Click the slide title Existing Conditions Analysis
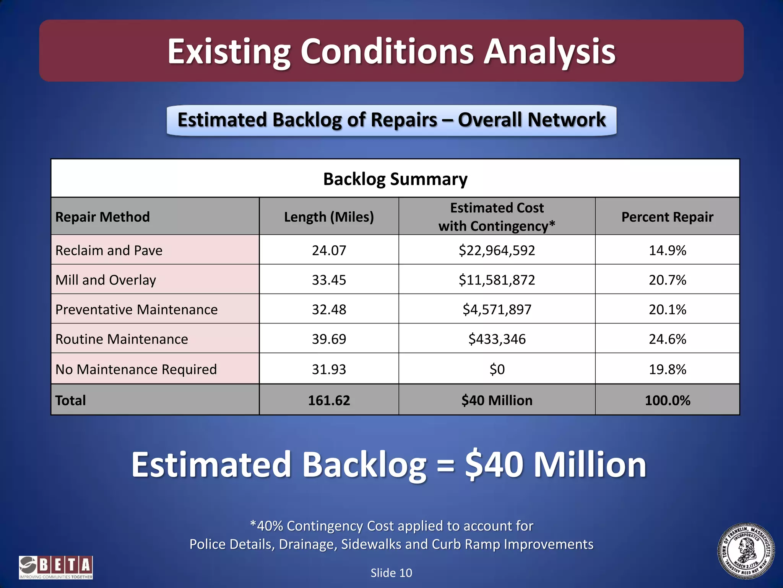[x=391, y=51]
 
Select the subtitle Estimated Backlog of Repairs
[x=391, y=120]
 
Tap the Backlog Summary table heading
[x=395, y=179]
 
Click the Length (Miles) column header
[x=329, y=217]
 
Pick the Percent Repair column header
[x=667, y=217]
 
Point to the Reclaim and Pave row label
[x=109, y=250]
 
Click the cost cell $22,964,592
[x=497, y=250]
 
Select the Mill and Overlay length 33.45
[x=329, y=280]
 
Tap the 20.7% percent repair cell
[x=667, y=280]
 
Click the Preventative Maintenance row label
[x=136, y=309]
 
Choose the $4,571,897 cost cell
[x=497, y=309]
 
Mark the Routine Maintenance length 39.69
[x=329, y=339]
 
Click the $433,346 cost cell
[x=497, y=339]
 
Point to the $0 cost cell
[x=497, y=369]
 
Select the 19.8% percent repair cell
[x=667, y=369]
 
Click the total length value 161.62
[x=329, y=400]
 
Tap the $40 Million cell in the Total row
[x=497, y=400]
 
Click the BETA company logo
[x=56, y=567]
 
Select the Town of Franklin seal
[x=746, y=551]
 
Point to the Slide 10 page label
[x=391, y=573]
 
